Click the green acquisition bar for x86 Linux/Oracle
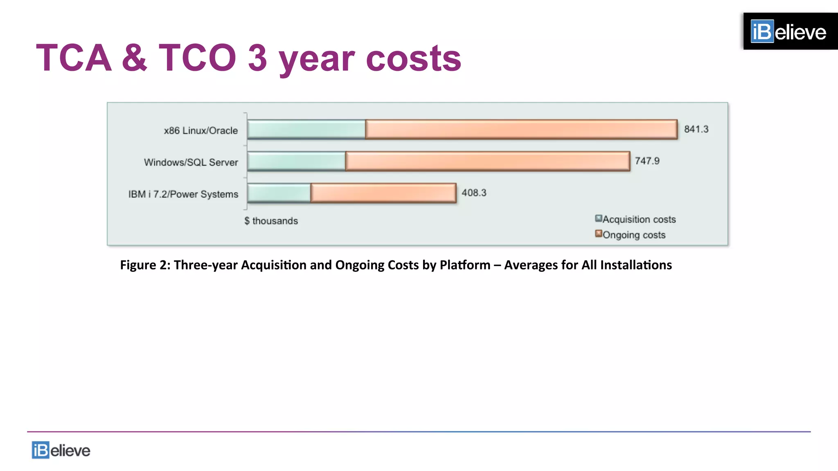pos(306,130)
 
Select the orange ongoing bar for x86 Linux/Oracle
pos(521,130)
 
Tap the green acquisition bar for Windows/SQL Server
pos(296,161)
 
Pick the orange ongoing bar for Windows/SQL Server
pos(487,161)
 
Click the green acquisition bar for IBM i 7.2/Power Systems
pos(279,193)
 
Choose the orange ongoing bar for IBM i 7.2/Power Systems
pos(383,193)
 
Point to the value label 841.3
pos(696,129)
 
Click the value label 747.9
pos(647,161)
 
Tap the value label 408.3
pos(474,193)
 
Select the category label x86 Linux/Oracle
pos(200,130)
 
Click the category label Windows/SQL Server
pos(191,162)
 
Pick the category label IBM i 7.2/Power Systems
pos(183,194)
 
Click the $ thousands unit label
pos(271,221)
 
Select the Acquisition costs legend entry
pos(635,219)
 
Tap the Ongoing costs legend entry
pos(630,235)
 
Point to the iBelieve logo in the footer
pos(61,450)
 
